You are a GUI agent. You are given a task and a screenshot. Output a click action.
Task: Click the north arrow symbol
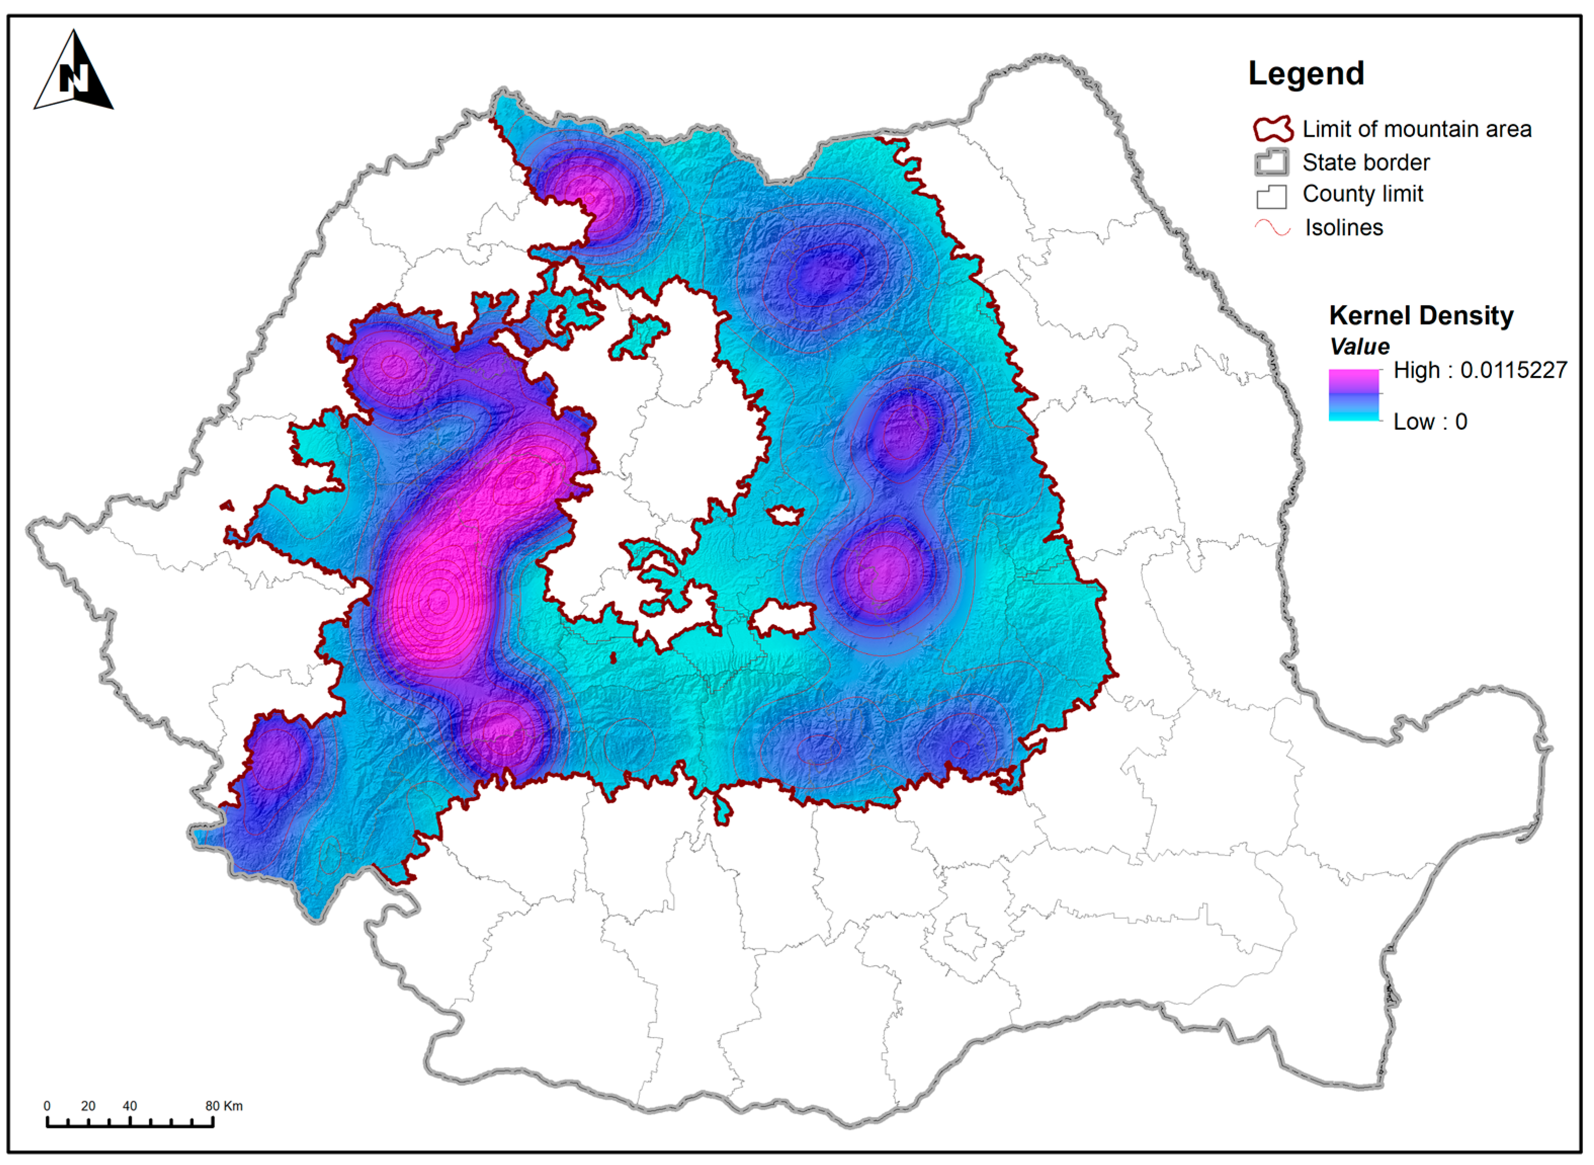pyautogui.click(x=73, y=70)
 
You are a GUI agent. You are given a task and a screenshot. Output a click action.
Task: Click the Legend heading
pyautogui.click(x=1306, y=73)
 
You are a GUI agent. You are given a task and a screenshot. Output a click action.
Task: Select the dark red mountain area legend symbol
pyautogui.click(x=1273, y=129)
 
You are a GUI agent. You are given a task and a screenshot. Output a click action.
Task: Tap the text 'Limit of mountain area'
pyautogui.click(x=1416, y=129)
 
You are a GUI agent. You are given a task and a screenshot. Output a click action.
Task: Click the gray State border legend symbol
pyautogui.click(x=1271, y=162)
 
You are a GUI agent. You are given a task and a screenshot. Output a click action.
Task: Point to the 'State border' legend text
pyautogui.click(x=1365, y=162)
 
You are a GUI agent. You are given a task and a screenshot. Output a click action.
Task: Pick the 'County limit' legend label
pyautogui.click(x=1362, y=194)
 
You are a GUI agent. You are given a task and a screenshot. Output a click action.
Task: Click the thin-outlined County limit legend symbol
pyautogui.click(x=1271, y=195)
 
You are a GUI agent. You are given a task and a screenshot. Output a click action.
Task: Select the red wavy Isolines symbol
pyautogui.click(x=1273, y=228)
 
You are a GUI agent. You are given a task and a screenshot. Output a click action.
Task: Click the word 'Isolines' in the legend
pyautogui.click(x=1343, y=228)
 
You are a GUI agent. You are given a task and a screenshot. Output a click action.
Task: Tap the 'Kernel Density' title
pyautogui.click(x=1420, y=315)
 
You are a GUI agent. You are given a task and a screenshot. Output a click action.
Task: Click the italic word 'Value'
pyautogui.click(x=1359, y=346)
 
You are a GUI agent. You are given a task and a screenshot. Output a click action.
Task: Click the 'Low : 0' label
pyautogui.click(x=1430, y=422)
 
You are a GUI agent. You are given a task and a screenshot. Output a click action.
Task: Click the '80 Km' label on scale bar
pyautogui.click(x=224, y=1106)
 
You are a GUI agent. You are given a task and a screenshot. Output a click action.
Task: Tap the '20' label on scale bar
pyautogui.click(x=88, y=1106)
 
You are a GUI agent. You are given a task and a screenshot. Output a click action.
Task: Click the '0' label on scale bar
pyautogui.click(x=47, y=1106)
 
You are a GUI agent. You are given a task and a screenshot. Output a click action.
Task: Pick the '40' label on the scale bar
pyautogui.click(x=130, y=1106)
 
